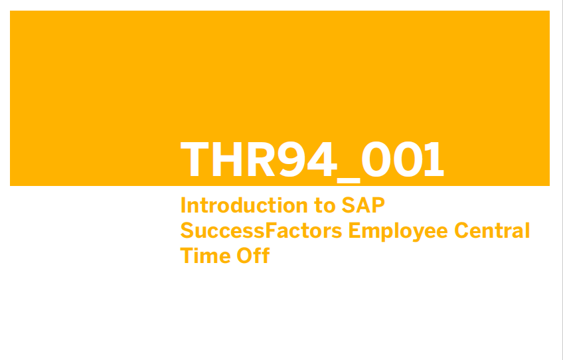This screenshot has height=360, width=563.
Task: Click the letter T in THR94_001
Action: [195, 159]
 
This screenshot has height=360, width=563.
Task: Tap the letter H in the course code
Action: [227, 159]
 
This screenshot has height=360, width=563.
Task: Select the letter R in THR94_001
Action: [262, 159]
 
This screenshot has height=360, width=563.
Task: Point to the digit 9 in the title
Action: [291, 159]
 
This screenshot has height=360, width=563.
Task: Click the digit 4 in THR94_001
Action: [322, 159]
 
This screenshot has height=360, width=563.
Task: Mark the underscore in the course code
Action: [349, 181]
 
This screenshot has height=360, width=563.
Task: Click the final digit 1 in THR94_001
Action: [434, 159]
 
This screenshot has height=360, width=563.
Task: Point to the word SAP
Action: [363, 205]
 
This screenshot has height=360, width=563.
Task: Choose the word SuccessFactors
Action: [261, 230]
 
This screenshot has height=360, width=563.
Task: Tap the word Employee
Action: [398, 232]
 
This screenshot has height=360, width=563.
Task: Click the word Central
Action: [492, 230]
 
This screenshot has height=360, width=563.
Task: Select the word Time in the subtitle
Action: [205, 256]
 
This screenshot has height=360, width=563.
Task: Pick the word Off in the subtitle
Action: [253, 255]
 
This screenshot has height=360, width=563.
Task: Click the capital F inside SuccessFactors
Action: [271, 230]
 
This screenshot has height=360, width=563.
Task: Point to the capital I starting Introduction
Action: [183, 205]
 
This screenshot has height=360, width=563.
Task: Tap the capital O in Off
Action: [244, 256]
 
